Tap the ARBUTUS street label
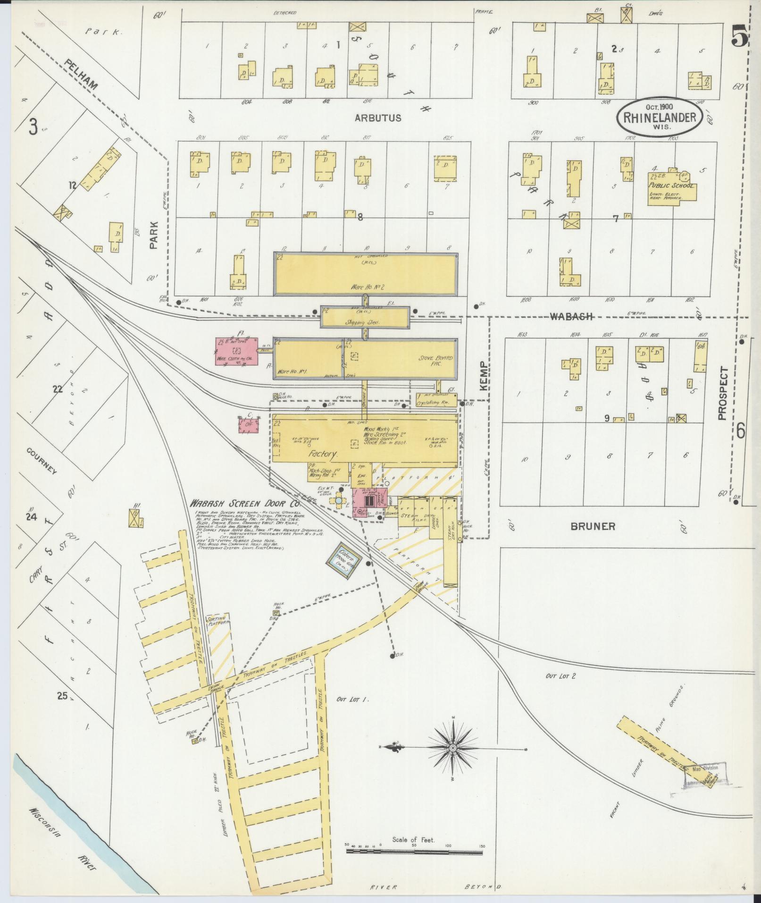[378, 118]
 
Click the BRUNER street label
[593, 526]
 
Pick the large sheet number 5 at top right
[739, 34]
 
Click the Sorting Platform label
[218, 620]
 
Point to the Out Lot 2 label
[560, 676]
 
